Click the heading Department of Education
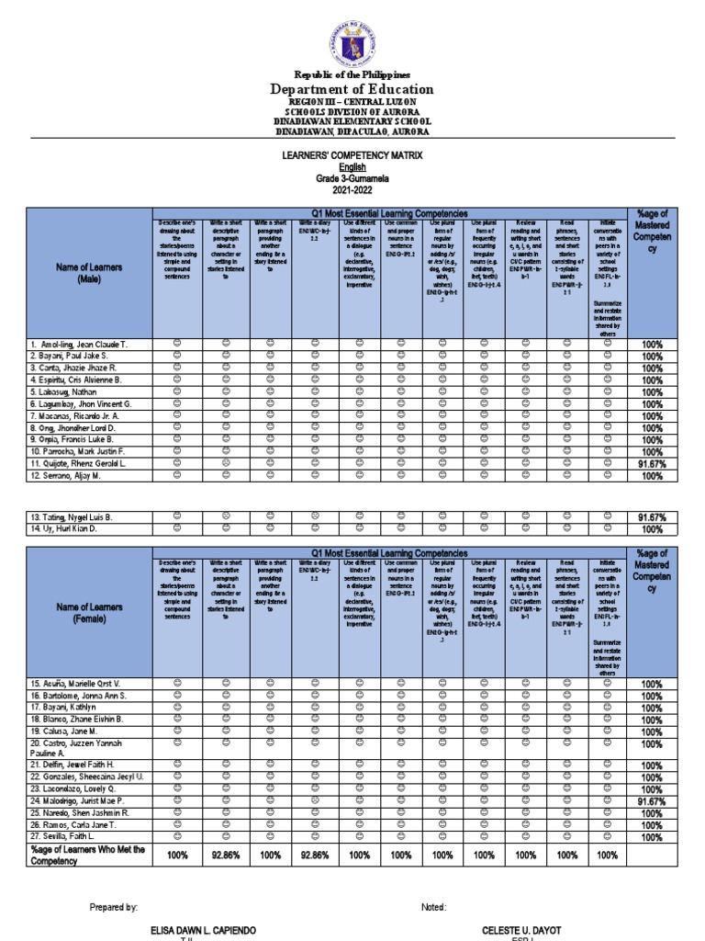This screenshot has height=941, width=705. (352, 89)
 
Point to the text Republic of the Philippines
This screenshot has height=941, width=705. (352, 74)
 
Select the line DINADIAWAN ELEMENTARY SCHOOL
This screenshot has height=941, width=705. (352, 121)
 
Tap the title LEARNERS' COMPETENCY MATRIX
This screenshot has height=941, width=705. (352, 157)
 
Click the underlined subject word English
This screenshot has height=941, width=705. (352, 168)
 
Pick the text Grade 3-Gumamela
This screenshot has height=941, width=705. (352, 179)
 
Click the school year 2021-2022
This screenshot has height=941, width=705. (352, 190)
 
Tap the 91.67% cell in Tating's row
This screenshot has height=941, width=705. (652, 518)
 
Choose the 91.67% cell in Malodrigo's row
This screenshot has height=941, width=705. (652, 801)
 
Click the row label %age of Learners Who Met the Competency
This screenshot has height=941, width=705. (76, 856)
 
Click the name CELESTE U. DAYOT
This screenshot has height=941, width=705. (520, 930)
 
